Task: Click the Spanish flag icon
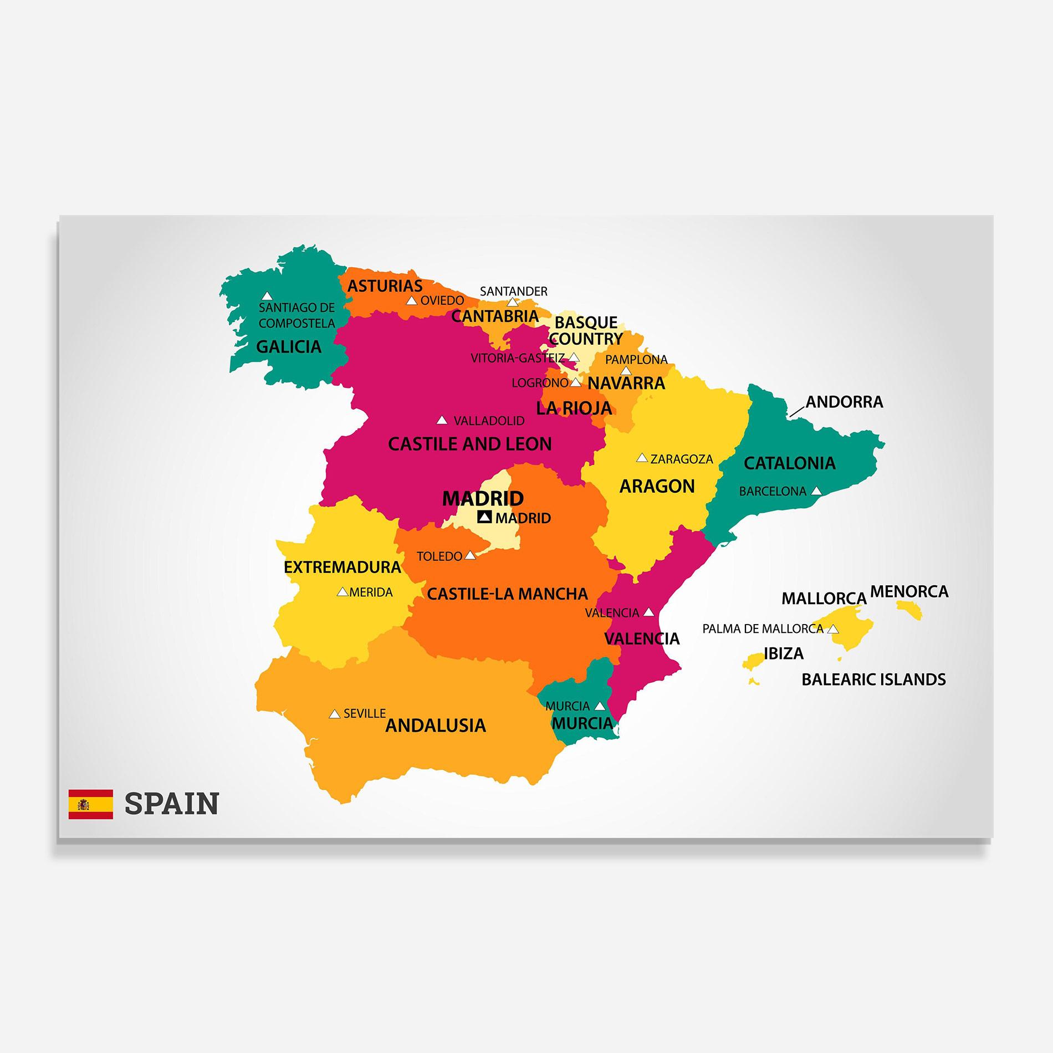pos(90,804)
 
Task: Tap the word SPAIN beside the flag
pos(172,804)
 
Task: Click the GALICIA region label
pos(289,347)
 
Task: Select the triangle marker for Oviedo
pos(411,300)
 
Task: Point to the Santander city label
pos(513,291)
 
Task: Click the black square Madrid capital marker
pos(484,517)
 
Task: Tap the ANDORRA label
pos(844,402)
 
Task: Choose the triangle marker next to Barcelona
pos(816,490)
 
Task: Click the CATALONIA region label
pos(789,463)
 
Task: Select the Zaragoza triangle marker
pos(642,458)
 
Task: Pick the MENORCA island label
pos(909,591)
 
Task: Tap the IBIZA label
pos(784,653)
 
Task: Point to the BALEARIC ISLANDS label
pos(873,679)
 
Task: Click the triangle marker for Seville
pos(334,714)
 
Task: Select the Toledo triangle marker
pos(470,555)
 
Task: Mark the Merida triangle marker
pos(343,592)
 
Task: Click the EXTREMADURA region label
pos(342,567)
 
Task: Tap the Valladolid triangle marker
pos(442,420)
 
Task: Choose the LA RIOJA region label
pos(574,408)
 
